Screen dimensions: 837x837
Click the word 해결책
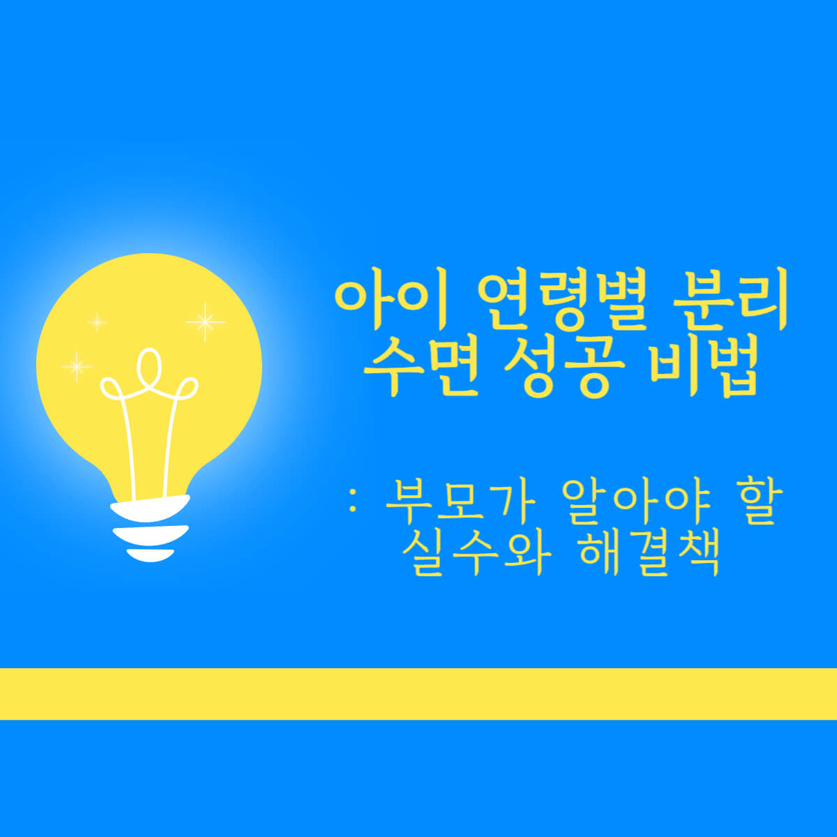[649, 554]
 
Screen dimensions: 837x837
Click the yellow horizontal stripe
[418, 693]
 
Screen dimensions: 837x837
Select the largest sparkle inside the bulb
[205, 322]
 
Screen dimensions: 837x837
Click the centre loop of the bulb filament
[149, 366]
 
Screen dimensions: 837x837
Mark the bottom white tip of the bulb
[150, 555]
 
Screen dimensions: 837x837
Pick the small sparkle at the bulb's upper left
[97, 322]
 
